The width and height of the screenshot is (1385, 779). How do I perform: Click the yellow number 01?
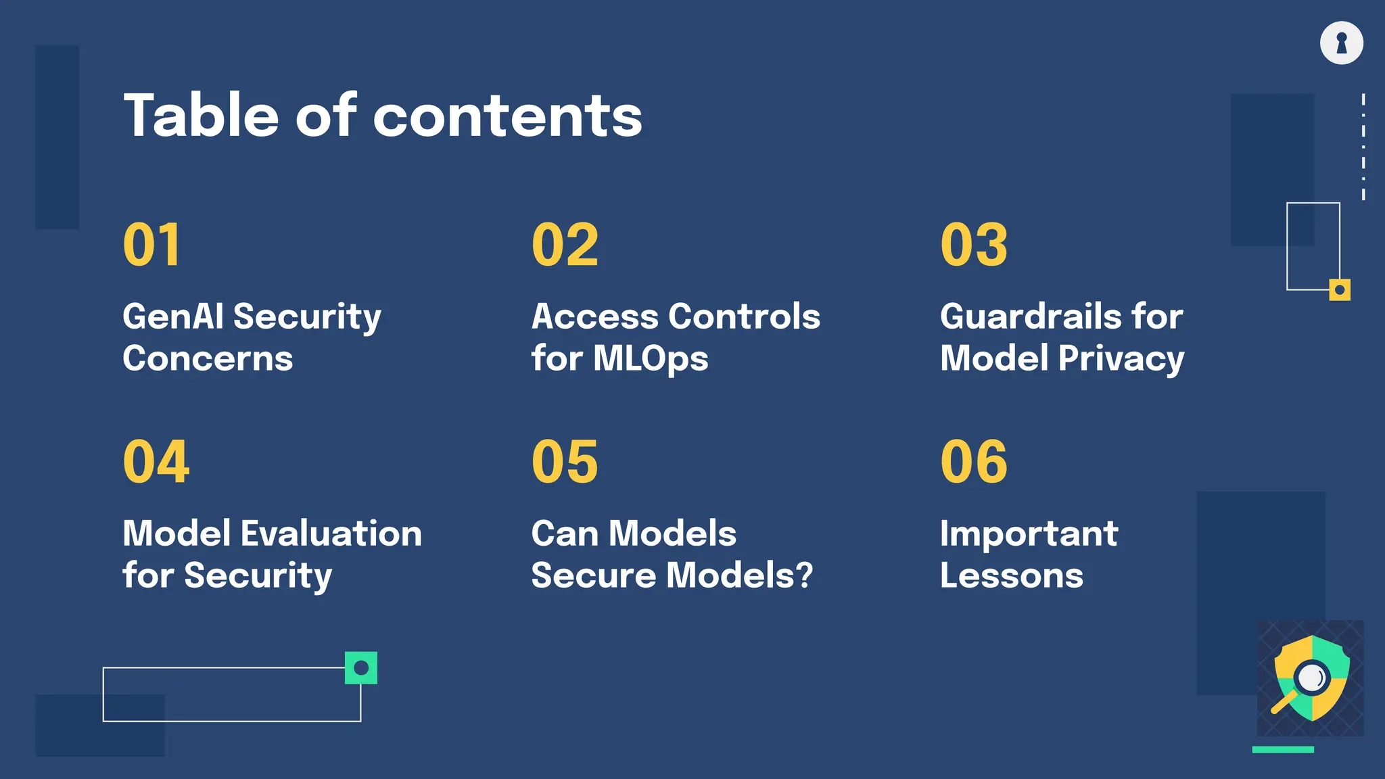(152, 245)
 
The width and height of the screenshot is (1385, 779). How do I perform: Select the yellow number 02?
(565, 245)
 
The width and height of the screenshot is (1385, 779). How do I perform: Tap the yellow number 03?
(974, 245)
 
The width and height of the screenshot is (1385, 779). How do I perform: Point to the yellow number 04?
(156, 462)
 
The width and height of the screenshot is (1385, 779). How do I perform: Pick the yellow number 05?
(565, 462)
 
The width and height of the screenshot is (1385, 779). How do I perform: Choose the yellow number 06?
(974, 462)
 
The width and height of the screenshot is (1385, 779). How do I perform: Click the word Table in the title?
(201, 116)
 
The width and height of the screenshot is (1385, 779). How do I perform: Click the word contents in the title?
(507, 117)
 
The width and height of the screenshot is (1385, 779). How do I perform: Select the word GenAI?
(173, 316)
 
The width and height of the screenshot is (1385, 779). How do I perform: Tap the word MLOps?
(651, 359)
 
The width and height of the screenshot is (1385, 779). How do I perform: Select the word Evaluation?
(331, 534)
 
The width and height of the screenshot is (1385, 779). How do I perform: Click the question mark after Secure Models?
(803, 575)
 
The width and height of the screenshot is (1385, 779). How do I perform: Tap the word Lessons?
(1012, 575)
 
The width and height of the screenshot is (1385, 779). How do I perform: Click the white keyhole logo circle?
(1342, 43)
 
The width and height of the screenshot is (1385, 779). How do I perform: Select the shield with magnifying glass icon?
(1311, 678)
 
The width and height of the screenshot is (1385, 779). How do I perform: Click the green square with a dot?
(361, 668)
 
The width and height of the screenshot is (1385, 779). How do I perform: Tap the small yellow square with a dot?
(1339, 290)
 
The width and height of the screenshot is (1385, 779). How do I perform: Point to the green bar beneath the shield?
(1283, 749)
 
